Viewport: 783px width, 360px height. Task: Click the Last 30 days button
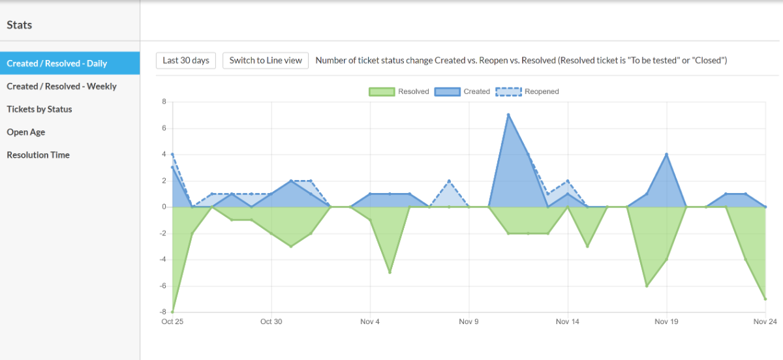tap(186, 61)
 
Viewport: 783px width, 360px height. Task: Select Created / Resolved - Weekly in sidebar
tap(61, 86)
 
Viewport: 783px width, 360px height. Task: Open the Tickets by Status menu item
tap(39, 109)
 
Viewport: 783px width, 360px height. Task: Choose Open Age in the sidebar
tap(26, 132)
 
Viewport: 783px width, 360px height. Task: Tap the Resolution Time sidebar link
tap(38, 155)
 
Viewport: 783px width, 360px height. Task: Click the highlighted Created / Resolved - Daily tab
tap(57, 63)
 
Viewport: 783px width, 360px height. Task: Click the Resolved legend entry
tap(399, 91)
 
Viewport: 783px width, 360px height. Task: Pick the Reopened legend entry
tap(527, 91)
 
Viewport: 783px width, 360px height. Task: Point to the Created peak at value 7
tap(508, 115)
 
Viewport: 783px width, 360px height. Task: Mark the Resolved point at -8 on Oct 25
tap(172, 312)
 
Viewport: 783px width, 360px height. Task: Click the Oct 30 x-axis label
tap(271, 322)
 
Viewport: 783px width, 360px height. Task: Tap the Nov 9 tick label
tap(468, 322)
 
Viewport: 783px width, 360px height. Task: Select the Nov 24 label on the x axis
tap(765, 322)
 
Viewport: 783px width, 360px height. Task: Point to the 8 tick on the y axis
tap(164, 102)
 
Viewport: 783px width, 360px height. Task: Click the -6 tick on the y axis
tap(162, 286)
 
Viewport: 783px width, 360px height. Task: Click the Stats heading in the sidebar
tap(20, 25)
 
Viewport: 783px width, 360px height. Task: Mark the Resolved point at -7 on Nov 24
tap(765, 299)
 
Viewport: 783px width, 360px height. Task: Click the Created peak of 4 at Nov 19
tap(666, 155)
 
